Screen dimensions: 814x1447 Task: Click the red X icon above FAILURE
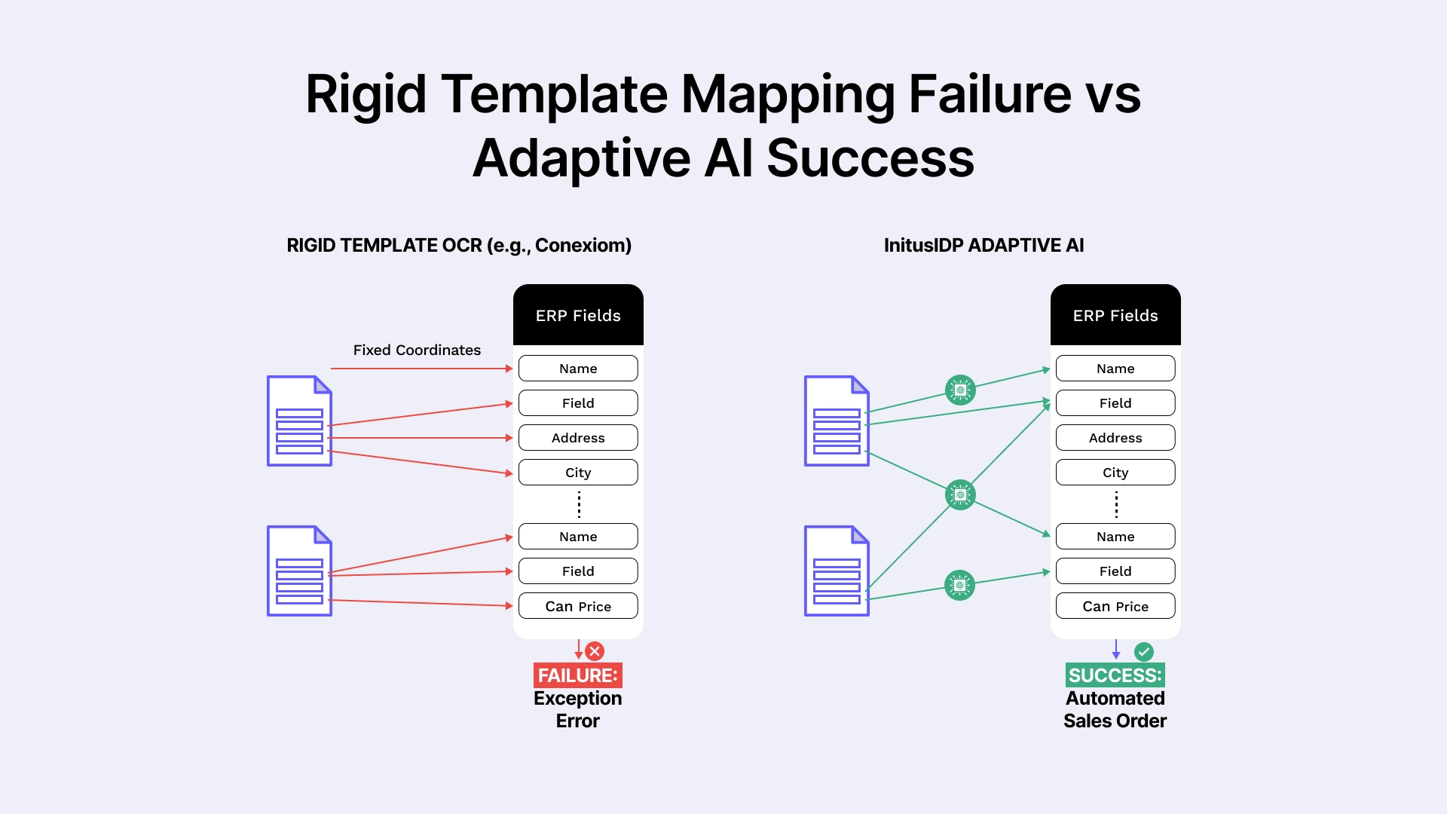pos(595,651)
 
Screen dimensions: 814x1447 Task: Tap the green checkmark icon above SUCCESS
pos(1144,651)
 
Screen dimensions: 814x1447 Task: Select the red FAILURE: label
pos(578,675)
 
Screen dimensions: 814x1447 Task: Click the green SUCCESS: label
pos(1115,675)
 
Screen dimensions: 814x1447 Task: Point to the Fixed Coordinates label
pos(417,350)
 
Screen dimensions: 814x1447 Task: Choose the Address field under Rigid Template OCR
pos(578,438)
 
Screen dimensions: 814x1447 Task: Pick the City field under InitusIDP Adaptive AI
pos(1115,473)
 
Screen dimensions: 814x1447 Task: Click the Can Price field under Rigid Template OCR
pos(578,607)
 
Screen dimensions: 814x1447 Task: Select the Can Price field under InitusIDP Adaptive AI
pos(1115,607)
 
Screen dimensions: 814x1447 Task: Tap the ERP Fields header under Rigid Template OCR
pos(578,316)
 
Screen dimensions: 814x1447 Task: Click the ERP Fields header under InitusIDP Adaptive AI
pos(1115,316)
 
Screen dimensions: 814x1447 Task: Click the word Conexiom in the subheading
pos(583,246)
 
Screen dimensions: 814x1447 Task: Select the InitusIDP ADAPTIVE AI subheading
pos(984,246)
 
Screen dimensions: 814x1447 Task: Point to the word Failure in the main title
pos(990,94)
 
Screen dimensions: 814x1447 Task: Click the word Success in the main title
pos(870,158)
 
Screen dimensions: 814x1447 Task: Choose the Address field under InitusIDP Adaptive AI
pos(1115,438)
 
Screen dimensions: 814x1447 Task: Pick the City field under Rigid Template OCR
pos(578,473)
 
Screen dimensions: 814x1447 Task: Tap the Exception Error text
pos(578,710)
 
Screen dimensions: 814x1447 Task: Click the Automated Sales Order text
pos(1115,710)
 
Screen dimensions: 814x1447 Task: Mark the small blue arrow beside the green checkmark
pos(1116,650)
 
